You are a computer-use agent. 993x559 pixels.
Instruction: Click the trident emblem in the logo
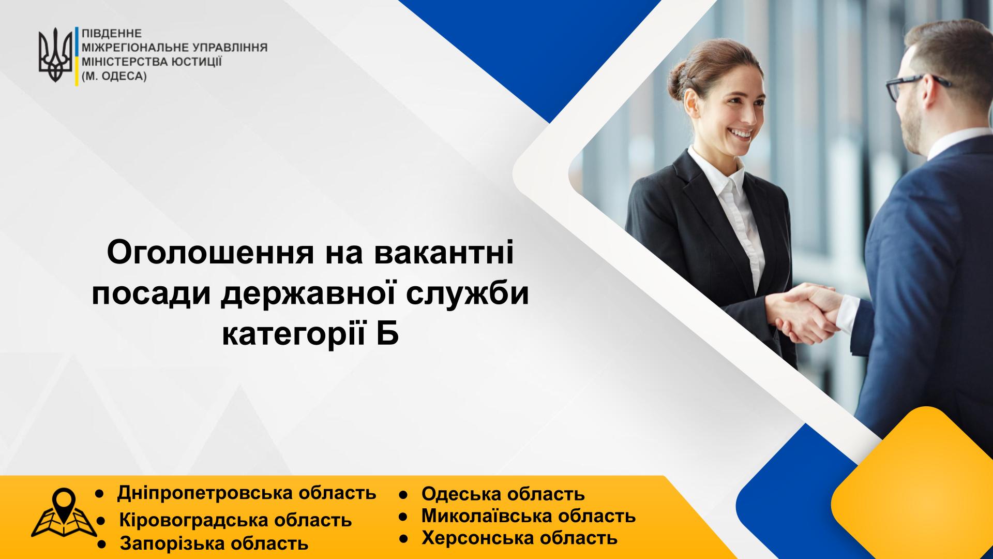pyautogui.click(x=55, y=56)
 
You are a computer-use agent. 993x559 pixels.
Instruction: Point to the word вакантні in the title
pyautogui.click(x=442, y=254)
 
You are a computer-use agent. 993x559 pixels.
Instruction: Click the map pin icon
pyautogui.click(x=64, y=513)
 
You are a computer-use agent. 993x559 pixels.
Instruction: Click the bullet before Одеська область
pyautogui.click(x=404, y=495)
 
